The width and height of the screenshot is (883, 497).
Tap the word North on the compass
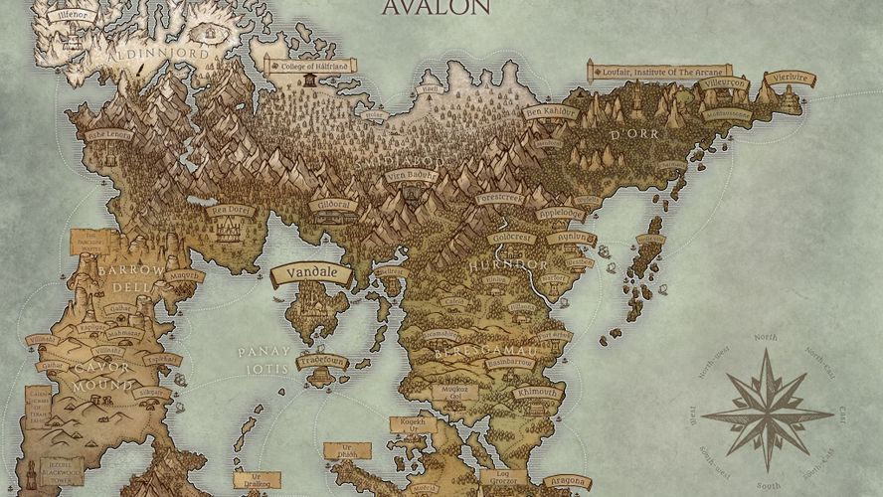[x=766, y=338]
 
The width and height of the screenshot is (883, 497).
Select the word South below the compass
[x=766, y=486]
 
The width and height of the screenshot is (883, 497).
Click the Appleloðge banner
[x=561, y=214]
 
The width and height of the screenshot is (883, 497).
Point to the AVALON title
[x=436, y=8]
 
